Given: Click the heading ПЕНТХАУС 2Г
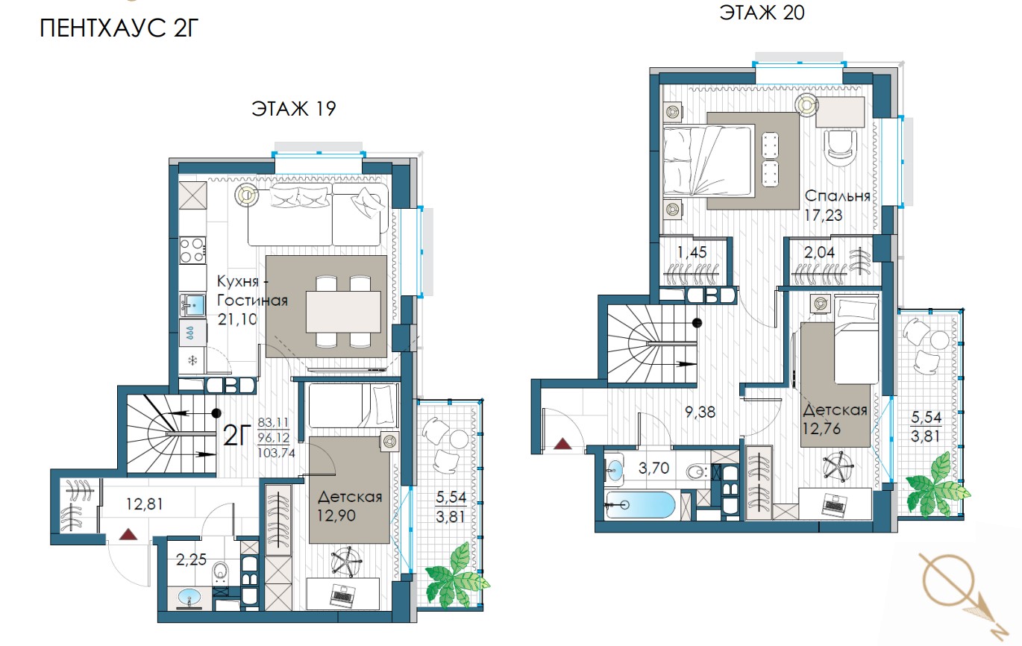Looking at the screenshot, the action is pyautogui.click(x=119, y=28).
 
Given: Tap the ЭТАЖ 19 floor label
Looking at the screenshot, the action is pyautogui.click(x=294, y=109).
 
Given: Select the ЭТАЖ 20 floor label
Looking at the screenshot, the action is pyautogui.click(x=762, y=13).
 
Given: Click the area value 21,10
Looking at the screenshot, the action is pyautogui.click(x=237, y=319).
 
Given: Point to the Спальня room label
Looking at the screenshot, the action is pyautogui.click(x=837, y=196).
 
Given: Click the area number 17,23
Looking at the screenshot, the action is pyautogui.click(x=824, y=215).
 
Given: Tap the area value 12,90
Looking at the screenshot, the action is pyautogui.click(x=336, y=515).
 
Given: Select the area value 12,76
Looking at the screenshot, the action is pyautogui.click(x=821, y=429).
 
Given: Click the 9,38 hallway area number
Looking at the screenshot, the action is pyautogui.click(x=700, y=413).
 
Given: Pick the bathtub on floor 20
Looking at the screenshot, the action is pyautogui.click(x=641, y=504).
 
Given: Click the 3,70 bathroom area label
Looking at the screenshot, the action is pyautogui.click(x=653, y=468).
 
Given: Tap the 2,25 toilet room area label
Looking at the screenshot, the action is pyautogui.click(x=191, y=559).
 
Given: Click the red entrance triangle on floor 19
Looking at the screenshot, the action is pyautogui.click(x=128, y=534).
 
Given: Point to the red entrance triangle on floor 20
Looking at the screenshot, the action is pyautogui.click(x=562, y=443).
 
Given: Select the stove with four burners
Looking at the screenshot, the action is pyautogui.click(x=192, y=251).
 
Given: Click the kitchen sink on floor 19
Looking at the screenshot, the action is pyautogui.click(x=192, y=305).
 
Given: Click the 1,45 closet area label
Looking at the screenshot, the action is pyautogui.click(x=692, y=252).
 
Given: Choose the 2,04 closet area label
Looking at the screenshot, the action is pyautogui.click(x=819, y=252).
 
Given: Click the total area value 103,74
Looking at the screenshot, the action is pyautogui.click(x=276, y=453).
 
